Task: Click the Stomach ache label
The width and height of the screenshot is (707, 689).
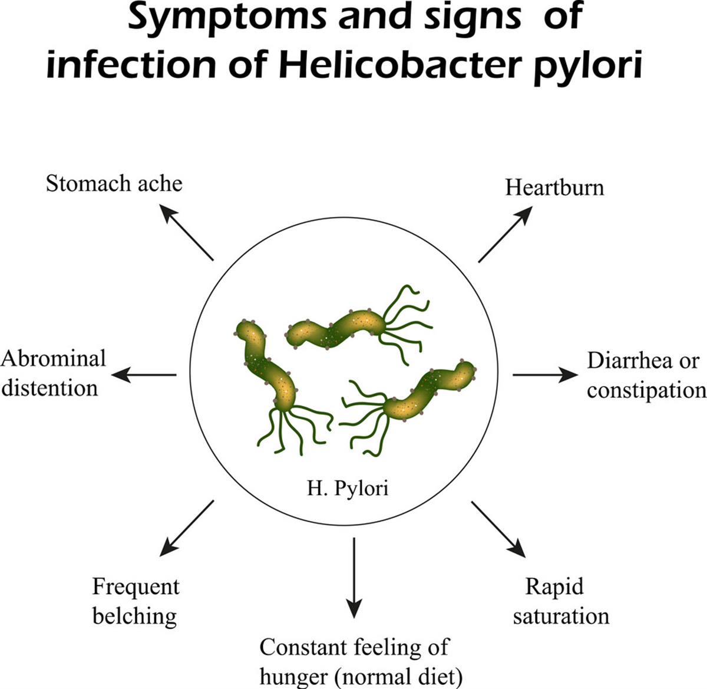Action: tap(114, 183)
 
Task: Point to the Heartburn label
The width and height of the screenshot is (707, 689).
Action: tap(554, 187)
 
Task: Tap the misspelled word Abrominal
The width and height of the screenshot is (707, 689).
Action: tap(54, 358)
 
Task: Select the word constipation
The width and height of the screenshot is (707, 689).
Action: tap(646, 390)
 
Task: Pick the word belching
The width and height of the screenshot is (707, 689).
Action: tap(135, 616)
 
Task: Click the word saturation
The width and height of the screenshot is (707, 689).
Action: tap(561, 616)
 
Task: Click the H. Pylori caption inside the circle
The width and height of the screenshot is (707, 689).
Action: tap(348, 488)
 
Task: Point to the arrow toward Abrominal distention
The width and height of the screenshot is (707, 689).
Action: tap(144, 374)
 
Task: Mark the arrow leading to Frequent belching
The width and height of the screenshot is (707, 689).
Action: tap(186, 528)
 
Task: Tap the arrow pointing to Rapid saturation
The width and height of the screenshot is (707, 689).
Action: tap(498, 529)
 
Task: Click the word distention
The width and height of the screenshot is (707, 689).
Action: tap(49, 388)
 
